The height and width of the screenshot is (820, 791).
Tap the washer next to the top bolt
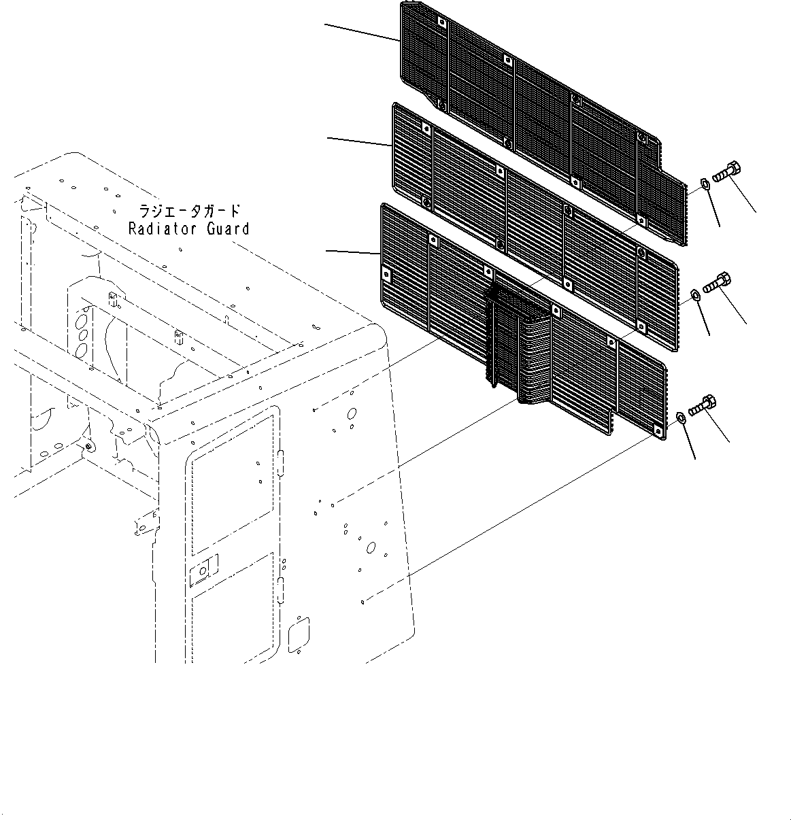[x=705, y=183]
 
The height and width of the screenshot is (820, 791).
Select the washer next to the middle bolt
[x=695, y=294]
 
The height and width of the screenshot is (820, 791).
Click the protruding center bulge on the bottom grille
[x=517, y=340]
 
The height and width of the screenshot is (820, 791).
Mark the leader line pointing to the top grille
[x=360, y=33]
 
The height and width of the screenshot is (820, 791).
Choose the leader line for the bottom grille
[x=352, y=252]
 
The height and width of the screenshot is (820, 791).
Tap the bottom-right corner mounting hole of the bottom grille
[x=657, y=429]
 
